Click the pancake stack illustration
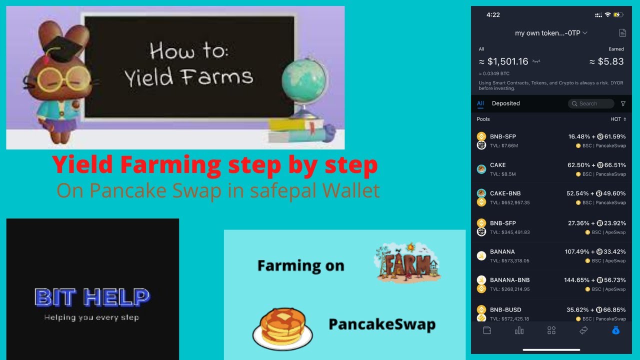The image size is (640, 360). coord(282,328)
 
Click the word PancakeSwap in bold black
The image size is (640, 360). coord(382,324)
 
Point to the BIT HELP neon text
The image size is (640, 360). coord(92,297)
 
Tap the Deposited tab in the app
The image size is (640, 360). coord(505,103)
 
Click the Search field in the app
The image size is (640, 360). coord(591,103)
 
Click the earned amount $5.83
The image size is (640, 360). coord(606,61)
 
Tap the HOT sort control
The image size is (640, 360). coord(618,119)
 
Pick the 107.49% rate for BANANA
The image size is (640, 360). coord(577,251)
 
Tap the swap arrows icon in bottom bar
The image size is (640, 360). coord(583,330)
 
